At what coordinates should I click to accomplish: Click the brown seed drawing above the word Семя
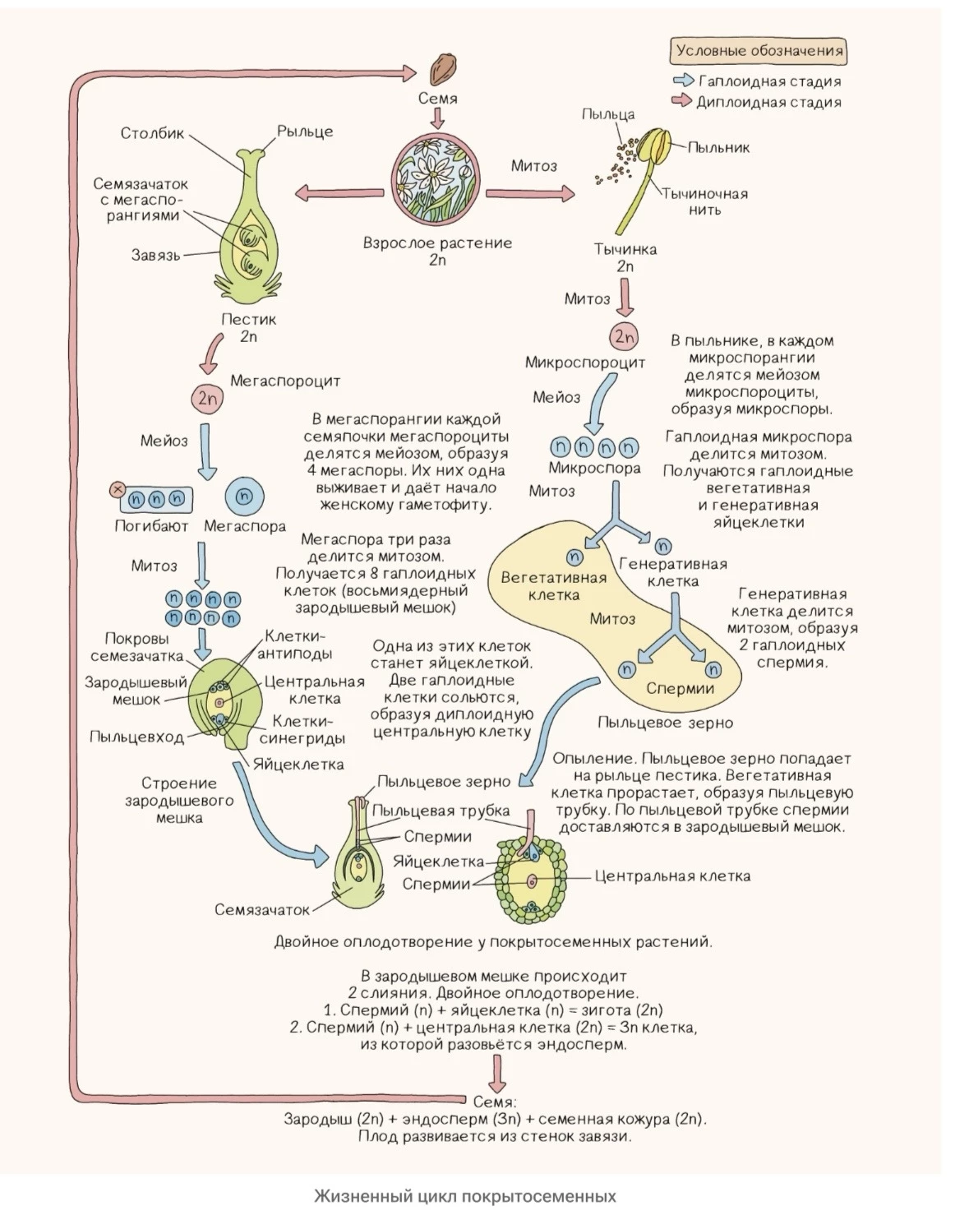(x=442, y=69)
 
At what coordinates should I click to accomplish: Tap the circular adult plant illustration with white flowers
(x=436, y=177)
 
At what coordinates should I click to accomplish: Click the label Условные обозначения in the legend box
(x=759, y=51)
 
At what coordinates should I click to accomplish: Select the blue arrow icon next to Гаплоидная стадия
(x=683, y=80)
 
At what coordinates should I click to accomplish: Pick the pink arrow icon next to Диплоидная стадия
(x=682, y=101)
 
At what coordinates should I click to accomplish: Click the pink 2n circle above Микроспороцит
(x=624, y=337)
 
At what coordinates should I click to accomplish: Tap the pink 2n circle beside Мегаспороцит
(x=207, y=399)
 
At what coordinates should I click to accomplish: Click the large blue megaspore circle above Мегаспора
(x=244, y=496)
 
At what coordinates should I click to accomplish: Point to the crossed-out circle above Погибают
(x=118, y=488)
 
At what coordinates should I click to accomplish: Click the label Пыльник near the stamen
(x=718, y=148)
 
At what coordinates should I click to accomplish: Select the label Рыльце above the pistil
(x=304, y=132)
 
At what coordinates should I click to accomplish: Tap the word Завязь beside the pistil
(x=155, y=255)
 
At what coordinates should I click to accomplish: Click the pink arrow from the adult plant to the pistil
(x=339, y=192)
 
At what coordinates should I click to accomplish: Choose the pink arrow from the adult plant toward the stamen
(x=530, y=193)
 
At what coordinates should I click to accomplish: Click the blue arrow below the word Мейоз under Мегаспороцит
(x=206, y=452)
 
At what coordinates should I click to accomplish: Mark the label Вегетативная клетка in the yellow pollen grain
(x=553, y=586)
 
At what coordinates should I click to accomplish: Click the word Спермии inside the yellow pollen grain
(x=680, y=688)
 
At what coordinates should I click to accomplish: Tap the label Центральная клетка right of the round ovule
(x=672, y=876)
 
